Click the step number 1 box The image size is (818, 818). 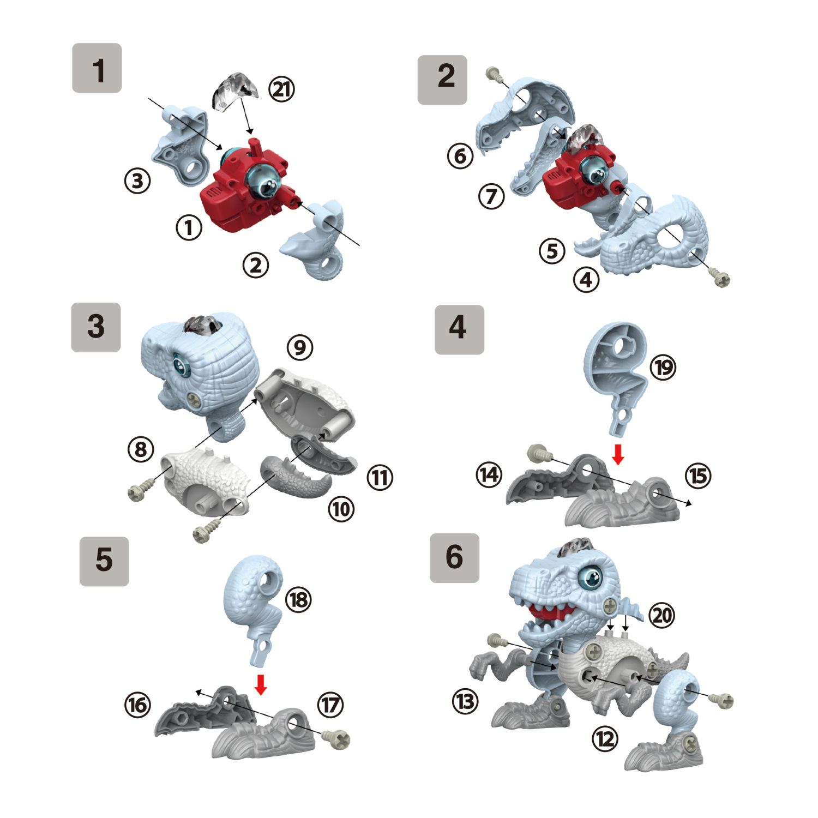[97, 68]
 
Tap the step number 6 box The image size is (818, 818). [454, 558]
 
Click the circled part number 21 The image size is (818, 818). [281, 89]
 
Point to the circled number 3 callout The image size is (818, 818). [137, 181]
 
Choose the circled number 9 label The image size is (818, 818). [300, 347]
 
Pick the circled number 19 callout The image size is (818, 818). [663, 367]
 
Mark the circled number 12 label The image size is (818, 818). [605, 739]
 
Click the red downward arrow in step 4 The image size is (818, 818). [618, 454]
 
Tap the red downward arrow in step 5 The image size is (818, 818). [261, 684]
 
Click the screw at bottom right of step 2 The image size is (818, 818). [721, 279]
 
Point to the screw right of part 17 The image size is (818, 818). [336, 738]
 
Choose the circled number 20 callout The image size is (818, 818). [661, 615]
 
